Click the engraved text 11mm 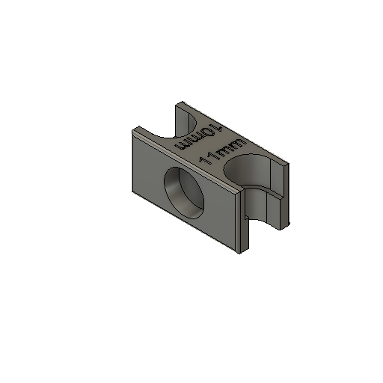[221, 149]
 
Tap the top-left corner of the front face [132, 132]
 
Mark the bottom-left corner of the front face [132, 191]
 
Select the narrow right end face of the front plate [244, 221]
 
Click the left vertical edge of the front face [132, 162]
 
